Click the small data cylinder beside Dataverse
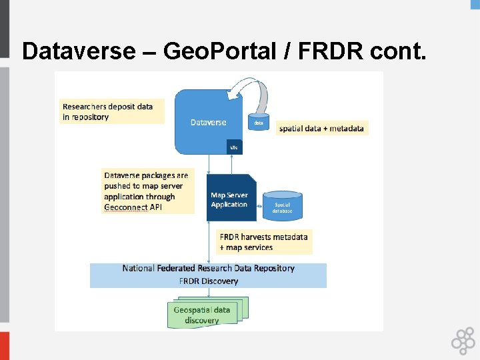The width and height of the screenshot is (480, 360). coord(259,122)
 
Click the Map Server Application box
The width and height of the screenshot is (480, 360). coord(231,199)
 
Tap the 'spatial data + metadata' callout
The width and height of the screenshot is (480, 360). coord(322,128)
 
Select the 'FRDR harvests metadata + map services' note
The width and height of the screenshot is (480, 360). coord(264,242)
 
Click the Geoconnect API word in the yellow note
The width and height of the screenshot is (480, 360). coord(133,207)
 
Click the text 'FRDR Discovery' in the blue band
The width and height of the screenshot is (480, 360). coord(208,281)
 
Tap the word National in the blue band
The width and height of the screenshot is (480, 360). coord(139,268)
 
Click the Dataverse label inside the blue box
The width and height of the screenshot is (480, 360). coord(208,122)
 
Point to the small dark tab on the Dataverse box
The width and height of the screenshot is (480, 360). coord(233,147)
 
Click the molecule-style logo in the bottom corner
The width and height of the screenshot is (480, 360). coord(463,341)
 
